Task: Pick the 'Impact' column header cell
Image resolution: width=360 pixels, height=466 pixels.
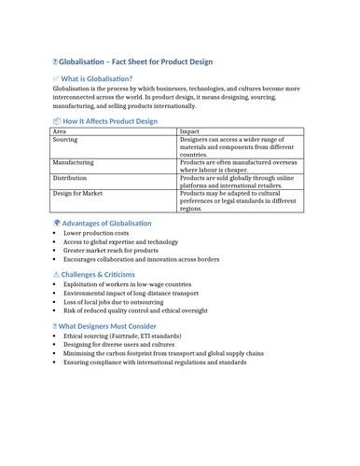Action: [189, 132]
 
